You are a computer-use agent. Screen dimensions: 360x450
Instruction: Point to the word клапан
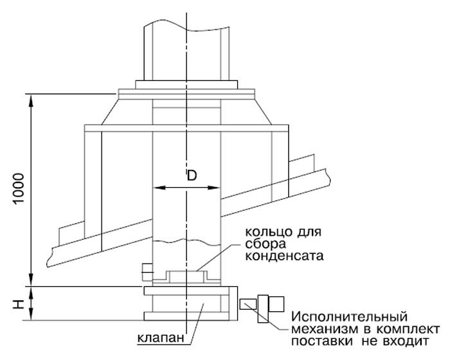click(158, 337)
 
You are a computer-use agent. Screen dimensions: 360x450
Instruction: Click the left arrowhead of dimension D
click(157, 188)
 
